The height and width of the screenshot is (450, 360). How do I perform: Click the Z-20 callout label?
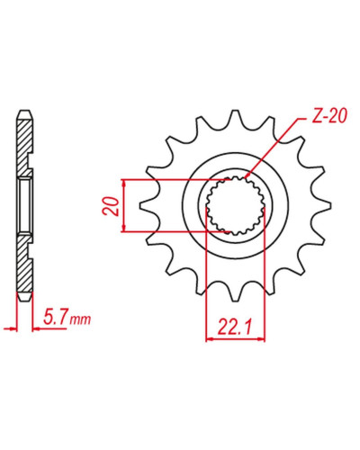click(x=329, y=116)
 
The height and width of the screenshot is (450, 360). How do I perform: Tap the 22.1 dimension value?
click(x=235, y=328)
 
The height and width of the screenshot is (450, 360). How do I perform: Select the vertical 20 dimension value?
click(x=111, y=206)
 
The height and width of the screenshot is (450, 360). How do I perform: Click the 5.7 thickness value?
click(x=55, y=317)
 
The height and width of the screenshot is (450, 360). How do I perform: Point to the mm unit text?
click(x=80, y=319)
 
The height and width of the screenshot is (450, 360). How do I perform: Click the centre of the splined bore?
click(x=236, y=206)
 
